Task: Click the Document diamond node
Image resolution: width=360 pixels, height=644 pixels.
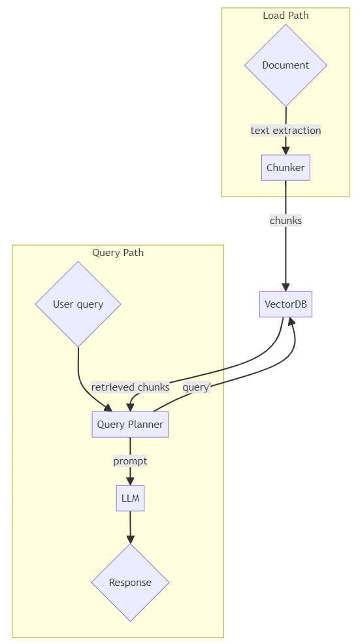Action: tap(286, 65)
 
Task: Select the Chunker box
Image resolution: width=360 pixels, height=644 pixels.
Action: tap(286, 168)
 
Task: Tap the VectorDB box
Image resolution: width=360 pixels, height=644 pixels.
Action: tap(286, 304)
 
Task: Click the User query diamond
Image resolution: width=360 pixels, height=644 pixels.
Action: tap(78, 304)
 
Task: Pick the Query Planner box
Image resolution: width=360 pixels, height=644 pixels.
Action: tap(130, 425)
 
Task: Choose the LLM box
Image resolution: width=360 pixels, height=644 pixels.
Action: tap(130, 498)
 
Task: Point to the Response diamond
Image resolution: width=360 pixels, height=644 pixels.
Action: tap(130, 583)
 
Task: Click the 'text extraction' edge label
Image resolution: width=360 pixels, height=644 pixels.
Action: tap(286, 131)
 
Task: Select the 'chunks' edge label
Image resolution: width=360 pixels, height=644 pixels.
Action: tap(286, 221)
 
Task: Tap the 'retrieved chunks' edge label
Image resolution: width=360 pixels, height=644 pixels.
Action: tap(130, 387)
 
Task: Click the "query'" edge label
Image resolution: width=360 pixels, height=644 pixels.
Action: tap(197, 387)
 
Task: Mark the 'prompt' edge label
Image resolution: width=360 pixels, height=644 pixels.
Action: tap(130, 461)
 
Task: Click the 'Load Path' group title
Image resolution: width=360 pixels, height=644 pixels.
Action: tap(286, 16)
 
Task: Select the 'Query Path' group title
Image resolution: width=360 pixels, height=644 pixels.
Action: tap(118, 252)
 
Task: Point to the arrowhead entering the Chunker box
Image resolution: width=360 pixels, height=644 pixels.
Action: tap(286, 151)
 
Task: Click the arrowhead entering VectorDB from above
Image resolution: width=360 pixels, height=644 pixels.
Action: tap(286, 287)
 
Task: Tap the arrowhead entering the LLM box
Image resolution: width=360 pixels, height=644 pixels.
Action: tap(130, 481)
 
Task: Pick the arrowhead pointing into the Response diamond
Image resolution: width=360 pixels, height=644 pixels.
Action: tap(130, 539)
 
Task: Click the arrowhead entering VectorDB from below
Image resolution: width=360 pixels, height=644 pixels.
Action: tap(292, 321)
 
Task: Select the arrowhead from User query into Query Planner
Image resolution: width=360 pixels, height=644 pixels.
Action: tap(108, 408)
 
